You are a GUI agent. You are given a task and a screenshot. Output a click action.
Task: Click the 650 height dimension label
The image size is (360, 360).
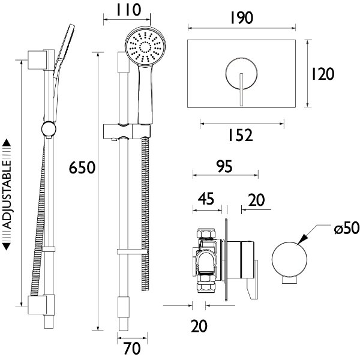click(83, 167)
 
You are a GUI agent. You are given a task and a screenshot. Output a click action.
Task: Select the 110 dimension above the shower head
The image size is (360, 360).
click(129, 10)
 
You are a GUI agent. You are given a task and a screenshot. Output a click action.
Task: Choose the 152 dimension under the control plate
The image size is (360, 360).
click(241, 136)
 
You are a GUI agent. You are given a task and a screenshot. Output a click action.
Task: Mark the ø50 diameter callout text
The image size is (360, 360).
click(346, 229)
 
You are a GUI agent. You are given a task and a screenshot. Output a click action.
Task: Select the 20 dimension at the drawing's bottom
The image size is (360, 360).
click(199, 326)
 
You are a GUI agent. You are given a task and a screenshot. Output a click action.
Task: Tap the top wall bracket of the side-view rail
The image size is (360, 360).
click(38, 61)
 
